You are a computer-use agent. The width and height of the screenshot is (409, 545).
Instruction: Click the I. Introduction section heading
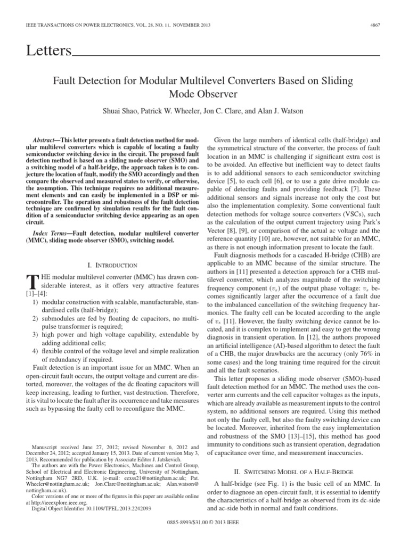(111, 265)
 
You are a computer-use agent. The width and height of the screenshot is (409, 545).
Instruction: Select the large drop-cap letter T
(31, 283)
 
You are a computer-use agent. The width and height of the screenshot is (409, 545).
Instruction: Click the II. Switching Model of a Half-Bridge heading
(293, 471)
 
